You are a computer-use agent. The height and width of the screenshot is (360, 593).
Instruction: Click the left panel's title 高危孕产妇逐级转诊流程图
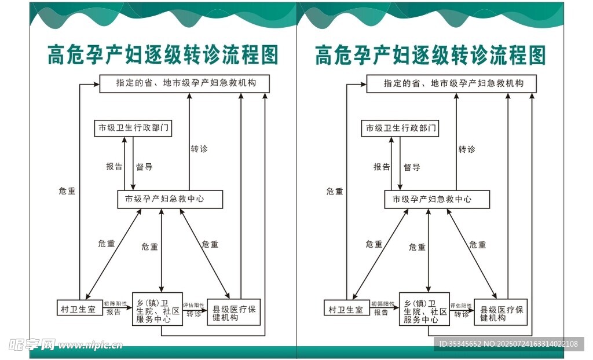163,56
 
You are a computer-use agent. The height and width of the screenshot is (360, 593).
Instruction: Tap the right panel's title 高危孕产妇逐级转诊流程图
430,56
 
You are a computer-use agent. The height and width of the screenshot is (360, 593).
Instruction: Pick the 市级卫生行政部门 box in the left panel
133,128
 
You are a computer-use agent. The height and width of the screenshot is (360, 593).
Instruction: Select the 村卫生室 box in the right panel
345,308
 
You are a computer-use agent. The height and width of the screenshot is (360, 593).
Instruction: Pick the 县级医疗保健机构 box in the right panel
501,312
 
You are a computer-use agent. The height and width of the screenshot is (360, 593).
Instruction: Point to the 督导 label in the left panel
144,167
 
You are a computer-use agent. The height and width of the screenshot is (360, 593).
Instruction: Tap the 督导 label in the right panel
412,167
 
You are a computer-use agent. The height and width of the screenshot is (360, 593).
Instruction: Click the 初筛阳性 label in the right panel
382,303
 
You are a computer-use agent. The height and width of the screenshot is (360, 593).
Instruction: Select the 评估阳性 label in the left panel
194,304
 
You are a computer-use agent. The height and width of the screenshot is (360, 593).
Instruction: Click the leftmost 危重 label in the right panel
335,191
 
